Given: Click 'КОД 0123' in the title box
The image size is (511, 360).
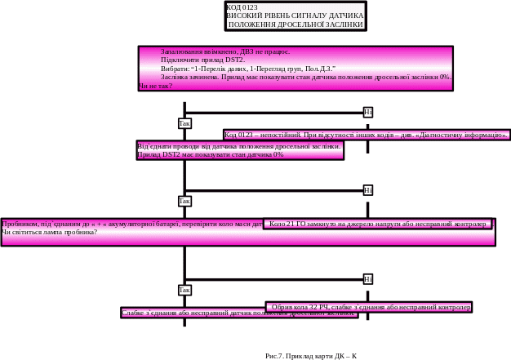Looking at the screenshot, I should click(x=241, y=7).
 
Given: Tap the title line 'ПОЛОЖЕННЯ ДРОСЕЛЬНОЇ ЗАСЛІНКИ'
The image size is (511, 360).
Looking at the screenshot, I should click(x=295, y=24).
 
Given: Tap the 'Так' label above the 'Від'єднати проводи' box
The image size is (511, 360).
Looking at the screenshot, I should click(x=184, y=123).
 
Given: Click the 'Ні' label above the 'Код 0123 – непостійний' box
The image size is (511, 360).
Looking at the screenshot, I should click(x=367, y=112).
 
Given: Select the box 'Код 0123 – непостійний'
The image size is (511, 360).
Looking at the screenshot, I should click(x=366, y=135).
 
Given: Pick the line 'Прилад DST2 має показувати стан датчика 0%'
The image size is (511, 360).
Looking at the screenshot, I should click(x=211, y=153).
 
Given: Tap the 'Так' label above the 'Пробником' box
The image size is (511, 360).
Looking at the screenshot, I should click(x=184, y=201).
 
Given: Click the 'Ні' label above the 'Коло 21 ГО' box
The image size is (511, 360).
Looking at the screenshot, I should click(x=367, y=190).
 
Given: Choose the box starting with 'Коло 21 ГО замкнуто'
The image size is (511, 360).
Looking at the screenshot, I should click(x=378, y=223).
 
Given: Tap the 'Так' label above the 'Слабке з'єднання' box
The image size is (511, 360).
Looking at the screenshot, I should click(x=184, y=290).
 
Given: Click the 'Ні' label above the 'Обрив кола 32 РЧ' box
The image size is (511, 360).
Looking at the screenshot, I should click(x=367, y=279).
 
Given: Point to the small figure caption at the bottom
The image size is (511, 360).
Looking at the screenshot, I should click(x=312, y=356).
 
